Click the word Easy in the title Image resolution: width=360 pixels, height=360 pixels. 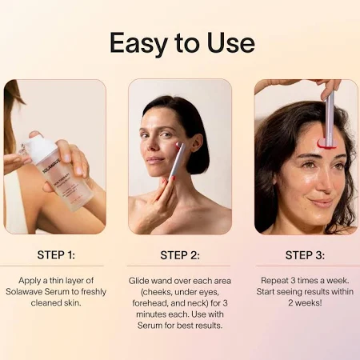(139, 43)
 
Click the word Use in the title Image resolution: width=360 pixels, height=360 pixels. (231, 42)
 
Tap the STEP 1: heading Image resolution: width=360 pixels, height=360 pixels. (56, 255)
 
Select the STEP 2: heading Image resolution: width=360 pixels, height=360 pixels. (180, 255)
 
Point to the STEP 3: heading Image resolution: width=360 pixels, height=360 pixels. (305, 255)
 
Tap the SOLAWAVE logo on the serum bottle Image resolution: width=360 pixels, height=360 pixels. (52, 166)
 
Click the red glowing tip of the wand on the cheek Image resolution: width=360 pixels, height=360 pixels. (178, 145)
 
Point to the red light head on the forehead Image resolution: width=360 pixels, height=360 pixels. (327, 144)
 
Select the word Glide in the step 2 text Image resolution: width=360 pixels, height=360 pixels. (138, 281)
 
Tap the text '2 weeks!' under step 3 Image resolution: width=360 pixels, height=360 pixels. (305, 303)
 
